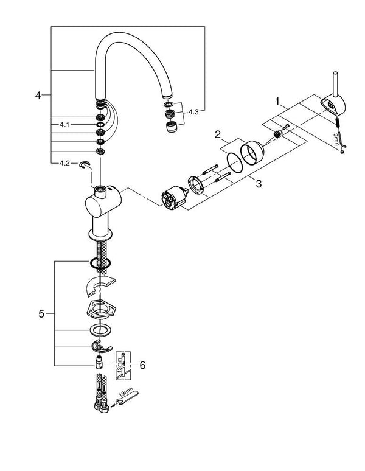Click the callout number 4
tap(38, 96)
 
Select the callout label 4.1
tap(64, 124)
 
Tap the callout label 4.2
tap(64, 162)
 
